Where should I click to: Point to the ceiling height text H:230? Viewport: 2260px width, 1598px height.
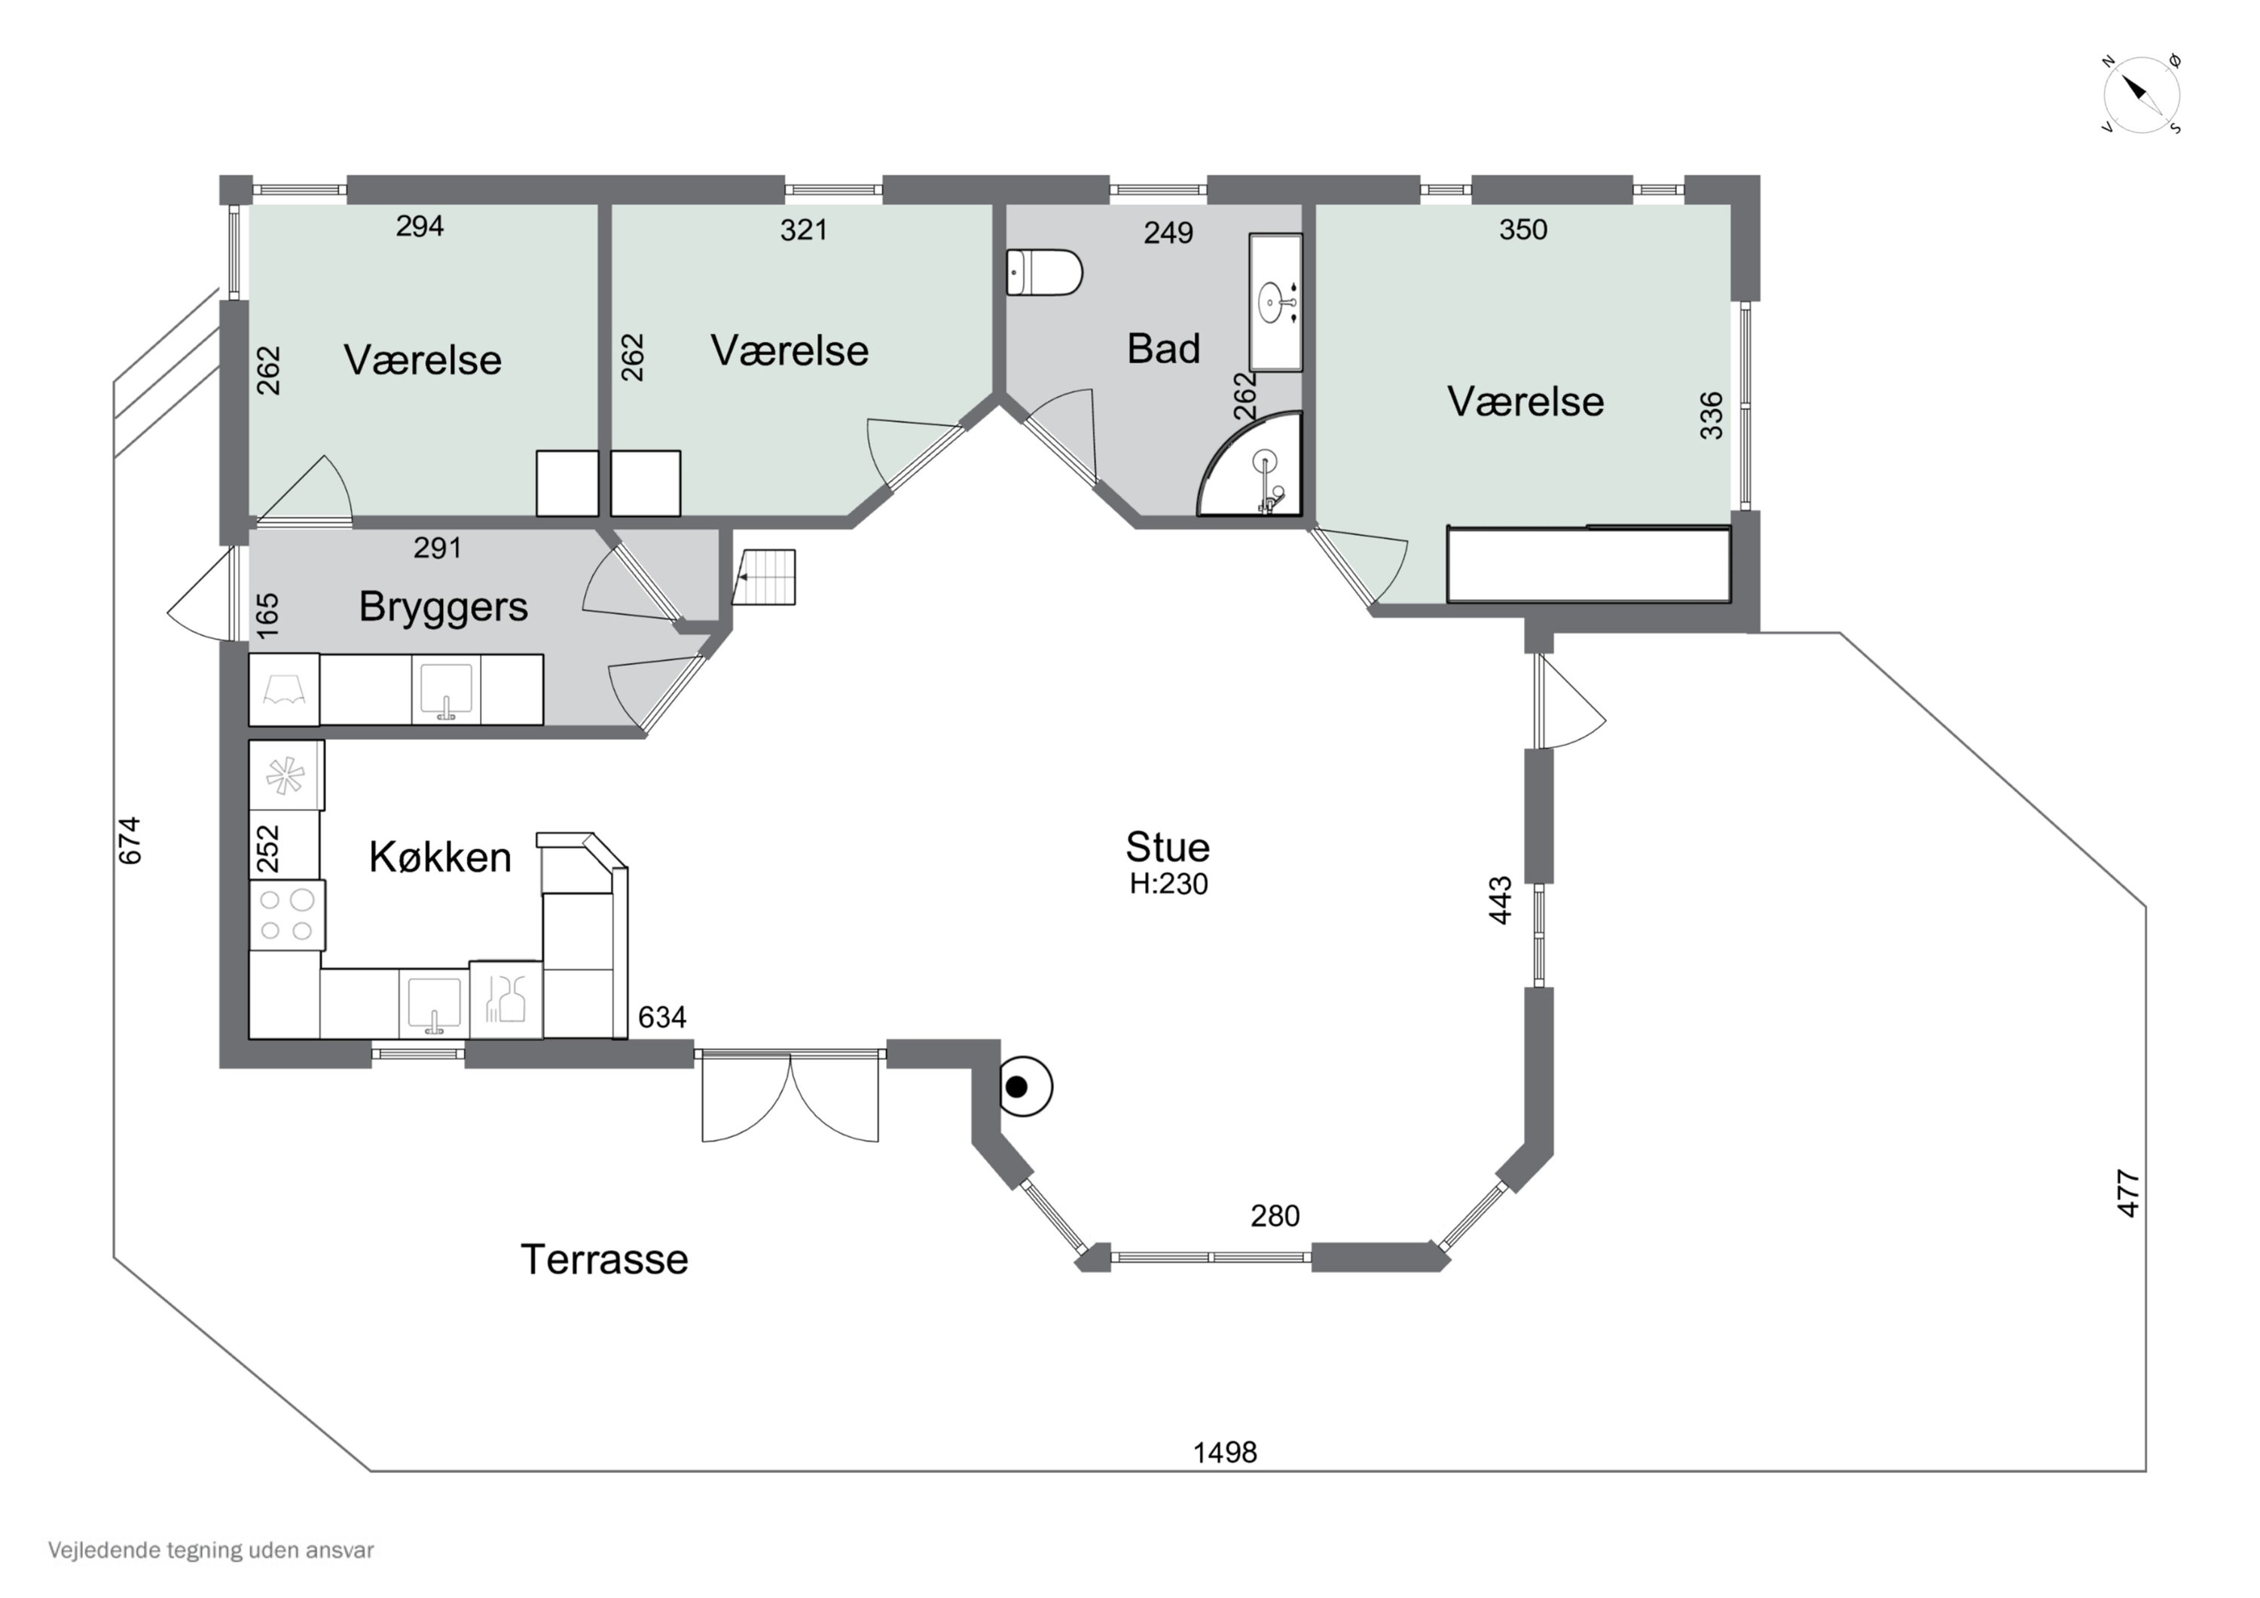pyautogui.click(x=1168, y=885)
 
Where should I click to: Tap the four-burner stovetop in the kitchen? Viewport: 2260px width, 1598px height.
pyautogui.click(x=286, y=915)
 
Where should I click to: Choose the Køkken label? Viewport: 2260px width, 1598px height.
pyautogui.click(x=440, y=857)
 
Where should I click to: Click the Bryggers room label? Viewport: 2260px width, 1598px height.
pyautogui.click(x=443, y=607)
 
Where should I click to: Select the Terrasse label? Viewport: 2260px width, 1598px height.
pyautogui.click(x=604, y=1259)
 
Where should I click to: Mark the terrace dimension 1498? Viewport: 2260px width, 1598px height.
pyautogui.click(x=1226, y=1453)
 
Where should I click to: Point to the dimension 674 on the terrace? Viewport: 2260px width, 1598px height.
pyautogui.click(x=129, y=840)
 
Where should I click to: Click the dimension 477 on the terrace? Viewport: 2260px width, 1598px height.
pyautogui.click(x=2128, y=1193)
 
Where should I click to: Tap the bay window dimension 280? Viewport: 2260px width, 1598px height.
pyautogui.click(x=1275, y=1216)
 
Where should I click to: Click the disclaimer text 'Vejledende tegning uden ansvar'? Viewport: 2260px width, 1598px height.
pyautogui.click(x=211, y=1551)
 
